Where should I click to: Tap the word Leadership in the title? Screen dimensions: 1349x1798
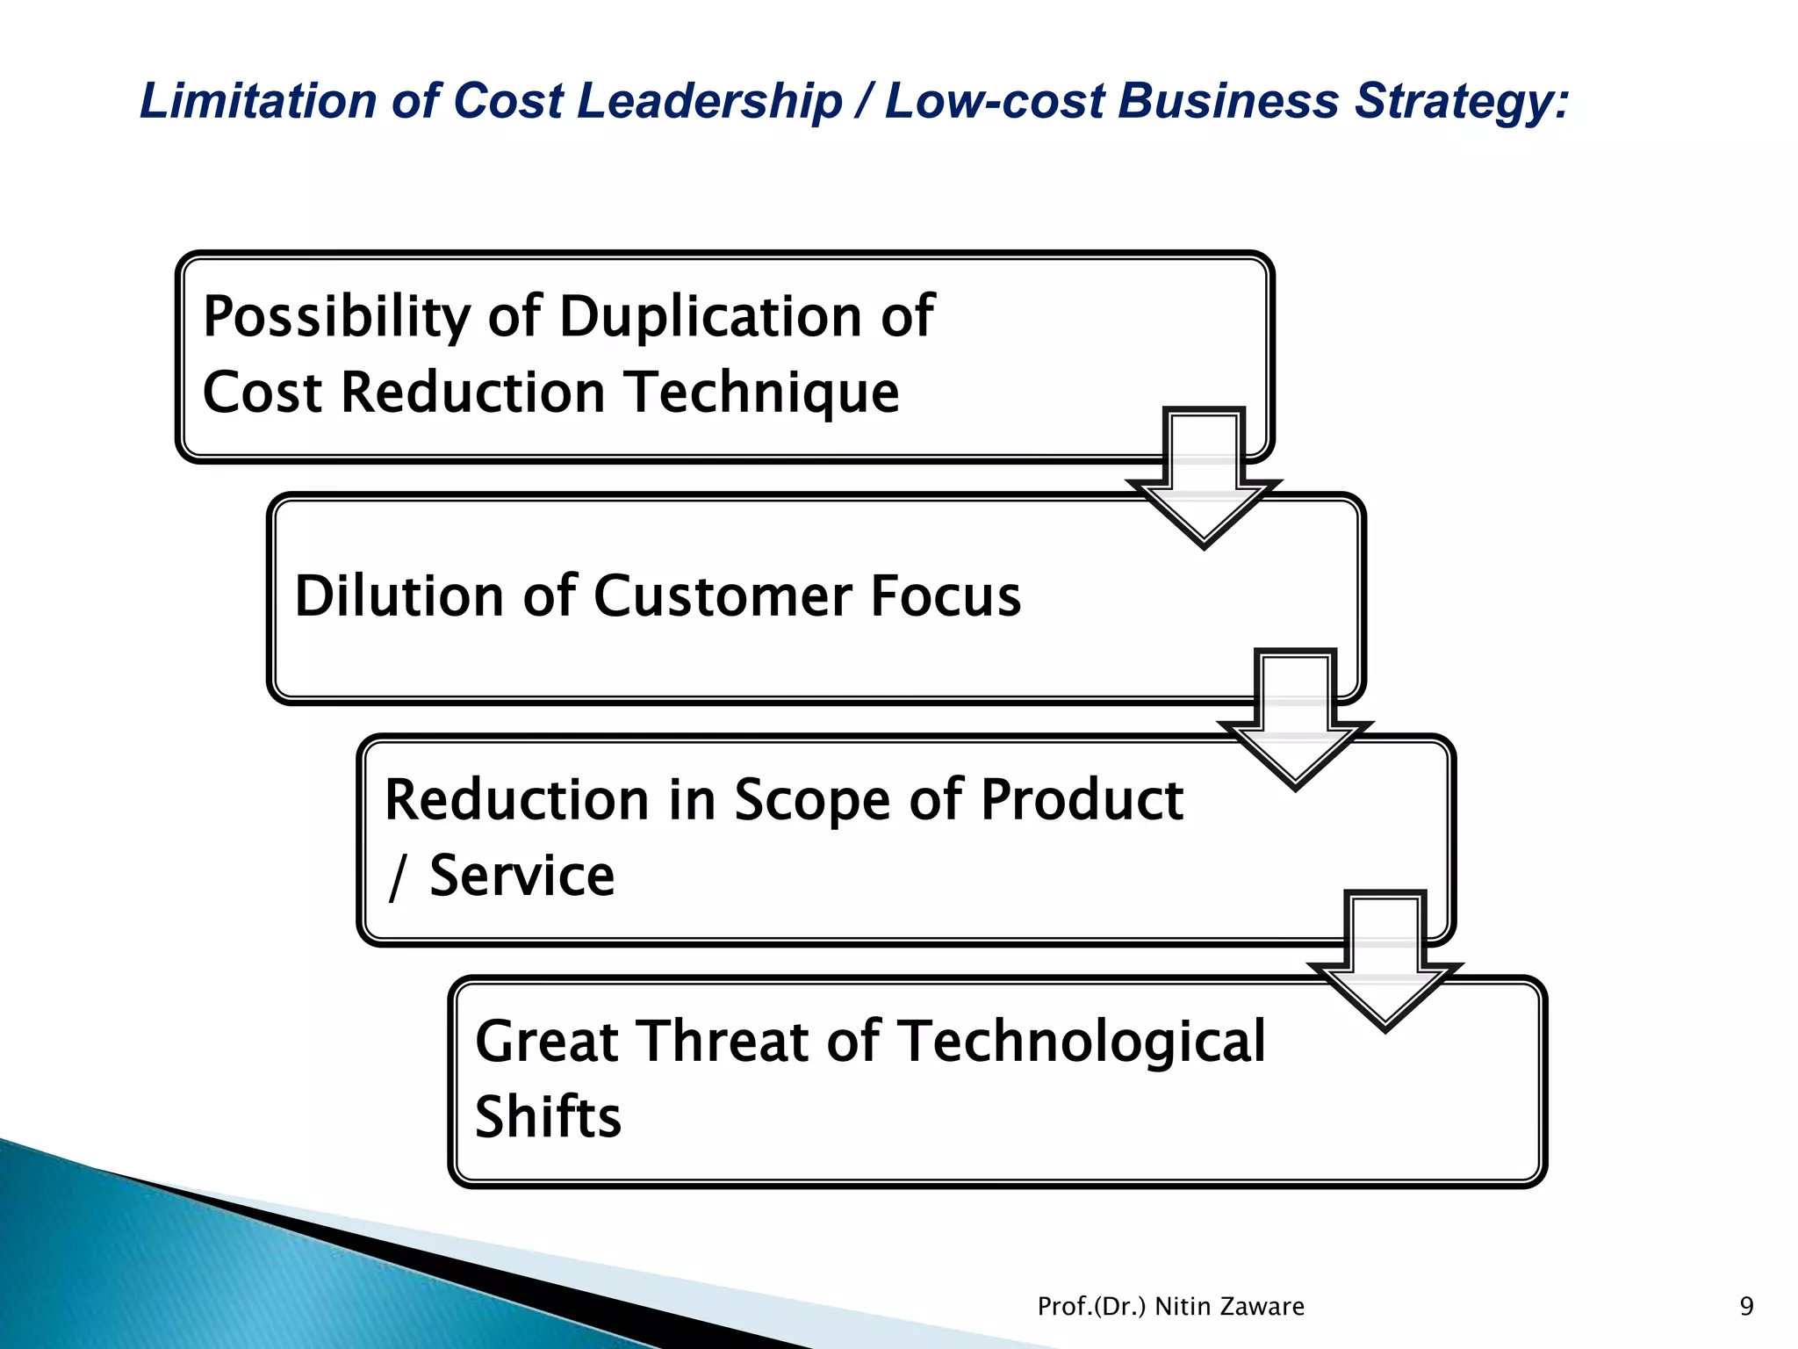[x=709, y=102]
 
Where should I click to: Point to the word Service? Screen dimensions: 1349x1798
[x=521, y=876]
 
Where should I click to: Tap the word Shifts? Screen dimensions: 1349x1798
[x=548, y=1117]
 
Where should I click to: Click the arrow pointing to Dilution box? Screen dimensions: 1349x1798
[x=1204, y=479]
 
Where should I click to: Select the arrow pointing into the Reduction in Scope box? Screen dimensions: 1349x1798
[x=1295, y=720]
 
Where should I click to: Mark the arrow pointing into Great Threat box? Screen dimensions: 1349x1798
[x=1384, y=962]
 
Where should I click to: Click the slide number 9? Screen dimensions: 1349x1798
[x=1746, y=1307]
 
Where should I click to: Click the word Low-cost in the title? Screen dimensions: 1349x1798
[x=994, y=100]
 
